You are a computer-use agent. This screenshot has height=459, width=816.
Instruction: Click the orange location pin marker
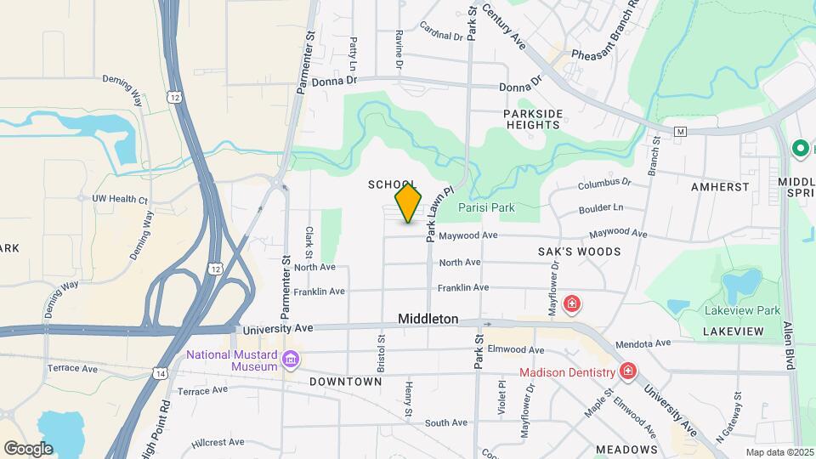click(x=409, y=202)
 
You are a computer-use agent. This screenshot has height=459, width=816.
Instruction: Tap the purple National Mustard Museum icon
click(x=292, y=360)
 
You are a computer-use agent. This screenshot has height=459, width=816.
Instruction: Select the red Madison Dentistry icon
click(x=628, y=372)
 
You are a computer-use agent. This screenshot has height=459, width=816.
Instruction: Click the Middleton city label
click(x=428, y=320)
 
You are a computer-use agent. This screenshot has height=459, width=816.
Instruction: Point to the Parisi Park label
click(x=486, y=207)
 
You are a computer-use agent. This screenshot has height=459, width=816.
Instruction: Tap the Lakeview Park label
click(x=742, y=310)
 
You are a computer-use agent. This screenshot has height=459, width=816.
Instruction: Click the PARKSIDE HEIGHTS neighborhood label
click(x=533, y=119)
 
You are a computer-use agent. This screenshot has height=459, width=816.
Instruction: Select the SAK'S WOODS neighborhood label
click(x=580, y=252)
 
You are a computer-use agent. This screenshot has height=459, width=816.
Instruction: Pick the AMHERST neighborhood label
click(x=720, y=187)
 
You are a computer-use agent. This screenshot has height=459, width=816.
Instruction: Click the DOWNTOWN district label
click(x=345, y=382)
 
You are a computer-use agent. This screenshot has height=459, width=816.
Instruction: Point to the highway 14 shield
click(x=161, y=372)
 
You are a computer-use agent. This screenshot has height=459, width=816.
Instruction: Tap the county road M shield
click(x=680, y=132)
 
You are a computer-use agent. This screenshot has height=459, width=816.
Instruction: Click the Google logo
click(x=28, y=448)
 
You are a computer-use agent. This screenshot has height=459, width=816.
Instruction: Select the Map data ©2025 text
click(x=779, y=452)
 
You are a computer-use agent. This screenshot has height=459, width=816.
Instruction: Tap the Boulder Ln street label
click(x=602, y=207)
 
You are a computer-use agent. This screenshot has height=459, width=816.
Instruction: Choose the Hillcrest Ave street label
click(x=218, y=443)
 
